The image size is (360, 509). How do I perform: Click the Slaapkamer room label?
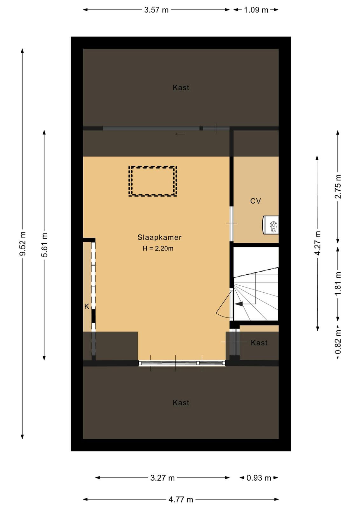159,237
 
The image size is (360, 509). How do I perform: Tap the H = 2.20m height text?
158,248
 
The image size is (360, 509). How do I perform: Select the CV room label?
255,201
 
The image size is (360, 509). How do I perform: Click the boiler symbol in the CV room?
271,225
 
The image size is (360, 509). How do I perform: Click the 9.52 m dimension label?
23,243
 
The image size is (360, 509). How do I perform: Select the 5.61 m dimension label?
44,245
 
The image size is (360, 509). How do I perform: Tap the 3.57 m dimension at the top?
156,10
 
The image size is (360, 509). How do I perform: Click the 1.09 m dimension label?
256,10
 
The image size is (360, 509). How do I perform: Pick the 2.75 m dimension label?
338,186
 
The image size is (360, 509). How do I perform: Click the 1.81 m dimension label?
338,283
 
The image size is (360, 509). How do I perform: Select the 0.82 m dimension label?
338,342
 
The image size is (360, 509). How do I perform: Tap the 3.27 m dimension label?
163,478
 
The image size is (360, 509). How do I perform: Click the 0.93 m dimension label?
259,478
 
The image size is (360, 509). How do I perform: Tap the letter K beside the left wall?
87,307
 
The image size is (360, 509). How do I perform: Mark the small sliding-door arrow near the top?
180,134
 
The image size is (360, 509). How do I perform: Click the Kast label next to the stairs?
259,343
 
